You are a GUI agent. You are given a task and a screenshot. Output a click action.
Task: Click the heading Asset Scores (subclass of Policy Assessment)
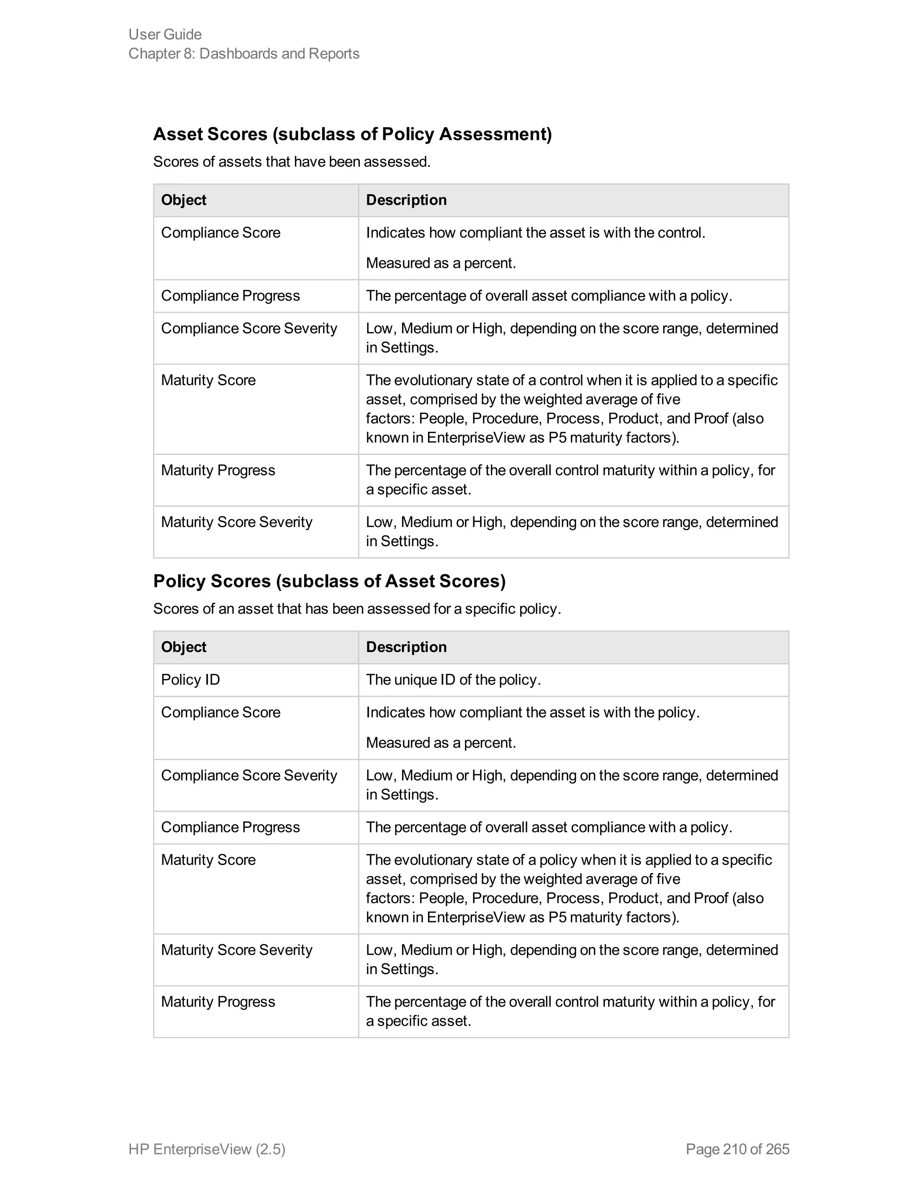352,134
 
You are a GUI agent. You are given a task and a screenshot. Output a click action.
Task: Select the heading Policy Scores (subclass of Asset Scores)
329,581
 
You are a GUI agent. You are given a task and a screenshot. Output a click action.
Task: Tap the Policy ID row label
190,679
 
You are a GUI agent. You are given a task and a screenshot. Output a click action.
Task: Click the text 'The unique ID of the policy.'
453,679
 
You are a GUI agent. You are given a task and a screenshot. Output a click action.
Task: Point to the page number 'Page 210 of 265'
737,1149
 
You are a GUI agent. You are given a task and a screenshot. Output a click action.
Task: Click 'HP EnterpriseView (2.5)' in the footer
207,1149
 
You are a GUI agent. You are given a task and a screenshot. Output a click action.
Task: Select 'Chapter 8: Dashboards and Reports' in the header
244,53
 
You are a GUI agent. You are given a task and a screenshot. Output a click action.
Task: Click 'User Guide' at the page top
165,34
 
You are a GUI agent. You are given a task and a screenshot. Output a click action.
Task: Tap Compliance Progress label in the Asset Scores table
230,296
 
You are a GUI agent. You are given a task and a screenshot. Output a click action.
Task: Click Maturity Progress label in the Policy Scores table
218,1002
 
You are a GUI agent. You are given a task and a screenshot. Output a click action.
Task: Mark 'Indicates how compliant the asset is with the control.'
535,232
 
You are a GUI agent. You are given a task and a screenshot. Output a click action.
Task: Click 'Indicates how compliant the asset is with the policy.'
533,712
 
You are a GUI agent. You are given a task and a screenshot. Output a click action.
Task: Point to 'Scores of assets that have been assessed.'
292,162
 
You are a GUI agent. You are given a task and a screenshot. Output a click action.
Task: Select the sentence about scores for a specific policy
357,609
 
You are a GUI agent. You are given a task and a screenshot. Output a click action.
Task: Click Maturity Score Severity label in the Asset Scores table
236,522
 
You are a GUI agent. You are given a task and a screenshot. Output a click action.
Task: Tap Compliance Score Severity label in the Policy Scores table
249,775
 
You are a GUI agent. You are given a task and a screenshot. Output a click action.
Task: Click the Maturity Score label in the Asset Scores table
208,380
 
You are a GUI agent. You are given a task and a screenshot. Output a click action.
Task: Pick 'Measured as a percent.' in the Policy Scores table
441,743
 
